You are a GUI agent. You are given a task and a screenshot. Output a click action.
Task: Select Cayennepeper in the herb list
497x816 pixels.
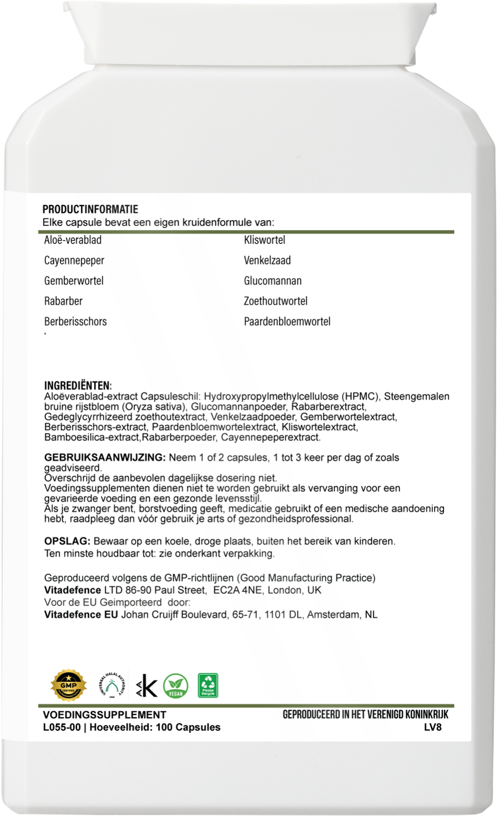point(74,260)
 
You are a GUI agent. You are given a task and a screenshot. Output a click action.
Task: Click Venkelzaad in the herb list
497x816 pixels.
point(267,260)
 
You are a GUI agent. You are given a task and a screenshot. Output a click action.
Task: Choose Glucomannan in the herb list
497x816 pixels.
point(273,281)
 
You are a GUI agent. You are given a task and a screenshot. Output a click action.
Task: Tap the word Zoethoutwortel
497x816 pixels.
point(276,301)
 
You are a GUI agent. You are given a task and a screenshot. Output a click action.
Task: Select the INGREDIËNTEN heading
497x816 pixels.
point(78,386)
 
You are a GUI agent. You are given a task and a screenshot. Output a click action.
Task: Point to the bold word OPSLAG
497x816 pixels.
point(67,541)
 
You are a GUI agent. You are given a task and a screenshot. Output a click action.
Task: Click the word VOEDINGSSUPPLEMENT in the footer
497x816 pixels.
point(105,713)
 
